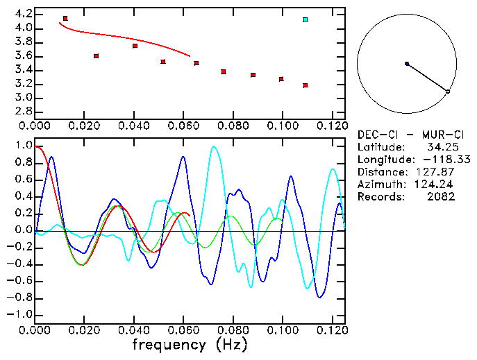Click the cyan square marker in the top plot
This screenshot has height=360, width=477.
[x=306, y=19]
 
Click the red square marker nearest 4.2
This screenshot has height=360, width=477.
[x=65, y=19]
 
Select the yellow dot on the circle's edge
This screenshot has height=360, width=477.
[x=448, y=92]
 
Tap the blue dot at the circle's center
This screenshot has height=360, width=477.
[x=407, y=64]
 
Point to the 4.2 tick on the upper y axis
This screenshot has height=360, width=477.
[x=23, y=14]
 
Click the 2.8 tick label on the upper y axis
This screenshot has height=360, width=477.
[x=23, y=112]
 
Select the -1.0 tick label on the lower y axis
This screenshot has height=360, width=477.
[x=19, y=315]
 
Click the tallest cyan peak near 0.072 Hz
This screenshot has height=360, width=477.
[x=214, y=146]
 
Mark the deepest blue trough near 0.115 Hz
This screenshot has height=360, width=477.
[x=319, y=297]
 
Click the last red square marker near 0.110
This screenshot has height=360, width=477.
[x=306, y=85]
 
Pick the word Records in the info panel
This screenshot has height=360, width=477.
[x=379, y=197]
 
